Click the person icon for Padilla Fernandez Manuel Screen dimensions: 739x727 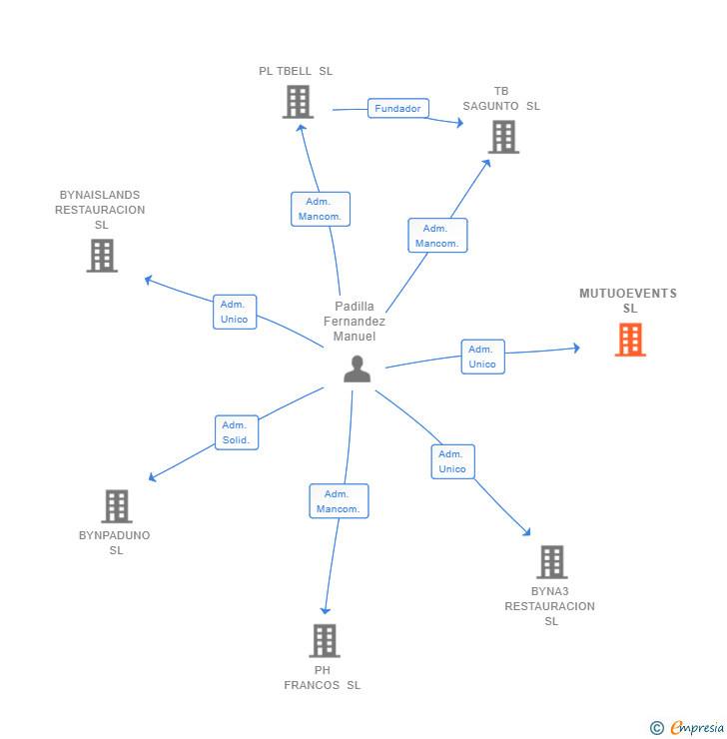tap(357, 369)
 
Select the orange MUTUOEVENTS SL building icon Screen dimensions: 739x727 tap(630, 340)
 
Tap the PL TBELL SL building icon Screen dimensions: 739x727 tap(298, 102)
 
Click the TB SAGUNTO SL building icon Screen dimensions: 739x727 tap(503, 137)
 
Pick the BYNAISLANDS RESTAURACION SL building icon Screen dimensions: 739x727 tap(102, 256)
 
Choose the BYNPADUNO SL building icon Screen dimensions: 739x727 tap(117, 506)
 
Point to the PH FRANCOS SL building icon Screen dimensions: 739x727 tap(324, 640)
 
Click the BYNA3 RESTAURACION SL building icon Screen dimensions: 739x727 tap(551, 562)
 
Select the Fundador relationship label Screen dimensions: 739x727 tap(397, 108)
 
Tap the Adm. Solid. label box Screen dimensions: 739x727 tap(237, 432)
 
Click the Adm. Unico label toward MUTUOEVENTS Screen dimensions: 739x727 tap(482, 357)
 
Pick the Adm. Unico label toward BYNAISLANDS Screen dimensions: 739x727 tap(235, 312)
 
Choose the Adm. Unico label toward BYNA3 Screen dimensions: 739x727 tap(452, 461)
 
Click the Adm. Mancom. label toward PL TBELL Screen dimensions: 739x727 tap(321, 209)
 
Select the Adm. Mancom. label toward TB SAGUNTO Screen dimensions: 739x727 tap(437, 236)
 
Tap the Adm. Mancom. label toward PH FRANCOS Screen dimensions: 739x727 tap(339, 501)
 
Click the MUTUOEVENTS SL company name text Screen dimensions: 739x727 tap(628, 301)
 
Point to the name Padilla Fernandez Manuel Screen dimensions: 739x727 tap(355, 322)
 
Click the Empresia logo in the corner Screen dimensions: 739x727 tap(688, 728)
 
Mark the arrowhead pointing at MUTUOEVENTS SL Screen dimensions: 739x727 tap(575, 348)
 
